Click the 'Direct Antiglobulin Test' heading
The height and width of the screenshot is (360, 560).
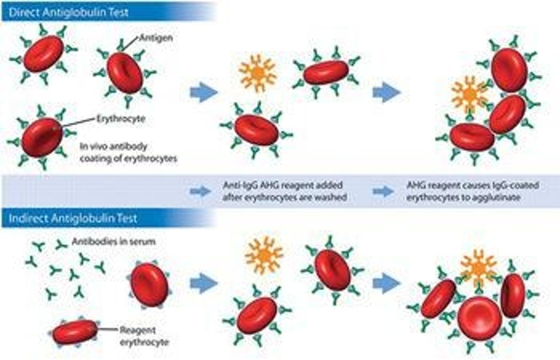(x=68, y=12)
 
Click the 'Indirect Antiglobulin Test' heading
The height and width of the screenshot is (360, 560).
(x=73, y=218)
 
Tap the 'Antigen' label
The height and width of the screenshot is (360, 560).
(x=156, y=38)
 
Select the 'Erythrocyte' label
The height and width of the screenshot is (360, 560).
(x=121, y=119)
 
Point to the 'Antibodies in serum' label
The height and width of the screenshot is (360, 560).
(x=114, y=242)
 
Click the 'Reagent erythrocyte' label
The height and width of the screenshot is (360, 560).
(x=144, y=336)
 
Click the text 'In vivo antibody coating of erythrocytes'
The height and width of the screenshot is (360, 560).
(x=128, y=153)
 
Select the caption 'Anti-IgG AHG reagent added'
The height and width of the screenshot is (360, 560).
(x=283, y=185)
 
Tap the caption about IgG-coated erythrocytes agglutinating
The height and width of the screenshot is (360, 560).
(x=472, y=191)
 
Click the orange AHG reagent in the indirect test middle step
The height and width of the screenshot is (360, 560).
(x=264, y=255)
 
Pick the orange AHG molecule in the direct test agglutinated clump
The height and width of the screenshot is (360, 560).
(x=469, y=94)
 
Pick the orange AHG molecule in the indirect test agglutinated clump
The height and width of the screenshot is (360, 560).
(x=478, y=269)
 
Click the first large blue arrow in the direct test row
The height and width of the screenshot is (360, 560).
(x=203, y=93)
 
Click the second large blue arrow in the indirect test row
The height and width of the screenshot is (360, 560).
(x=386, y=283)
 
